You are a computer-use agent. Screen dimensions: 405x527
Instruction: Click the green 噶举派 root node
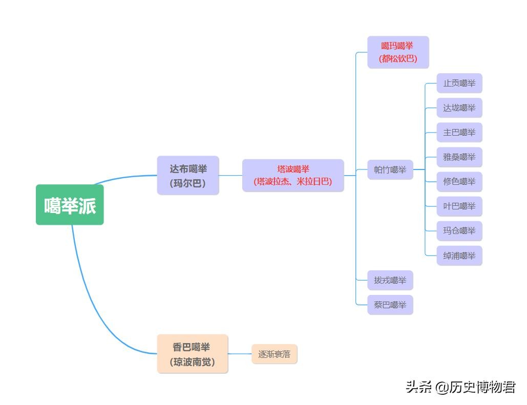[70, 205]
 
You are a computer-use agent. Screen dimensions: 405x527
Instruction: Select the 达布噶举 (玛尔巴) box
[188, 176]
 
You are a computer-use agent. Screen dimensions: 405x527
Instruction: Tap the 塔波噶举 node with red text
[293, 175]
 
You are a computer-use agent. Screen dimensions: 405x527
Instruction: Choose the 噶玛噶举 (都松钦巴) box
[398, 52]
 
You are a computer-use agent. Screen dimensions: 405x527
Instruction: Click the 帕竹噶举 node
[390, 169]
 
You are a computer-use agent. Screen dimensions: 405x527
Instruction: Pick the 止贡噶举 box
[459, 83]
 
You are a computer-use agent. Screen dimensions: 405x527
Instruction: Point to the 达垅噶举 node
[459, 108]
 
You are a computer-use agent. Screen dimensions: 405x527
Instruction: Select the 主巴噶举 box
[459, 133]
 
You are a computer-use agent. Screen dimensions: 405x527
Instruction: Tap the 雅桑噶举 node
[459, 157]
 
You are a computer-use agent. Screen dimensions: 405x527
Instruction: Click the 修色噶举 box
[459, 182]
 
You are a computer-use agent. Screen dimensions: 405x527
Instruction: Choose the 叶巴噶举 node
[459, 206]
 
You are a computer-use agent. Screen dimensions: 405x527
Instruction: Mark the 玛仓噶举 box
[459, 231]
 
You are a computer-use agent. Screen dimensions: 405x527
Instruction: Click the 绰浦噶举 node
[459, 255]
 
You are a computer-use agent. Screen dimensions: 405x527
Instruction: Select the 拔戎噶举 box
[390, 280]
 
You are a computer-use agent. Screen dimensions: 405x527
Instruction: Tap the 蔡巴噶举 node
[390, 305]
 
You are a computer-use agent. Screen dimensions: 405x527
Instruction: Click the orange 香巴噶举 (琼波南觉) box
[193, 354]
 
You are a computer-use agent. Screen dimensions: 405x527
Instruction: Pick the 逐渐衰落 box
[275, 354]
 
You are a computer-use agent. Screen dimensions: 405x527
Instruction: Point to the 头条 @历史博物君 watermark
[460, 387]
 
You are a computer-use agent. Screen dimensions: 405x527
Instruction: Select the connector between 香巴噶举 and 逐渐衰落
[240, 354]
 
